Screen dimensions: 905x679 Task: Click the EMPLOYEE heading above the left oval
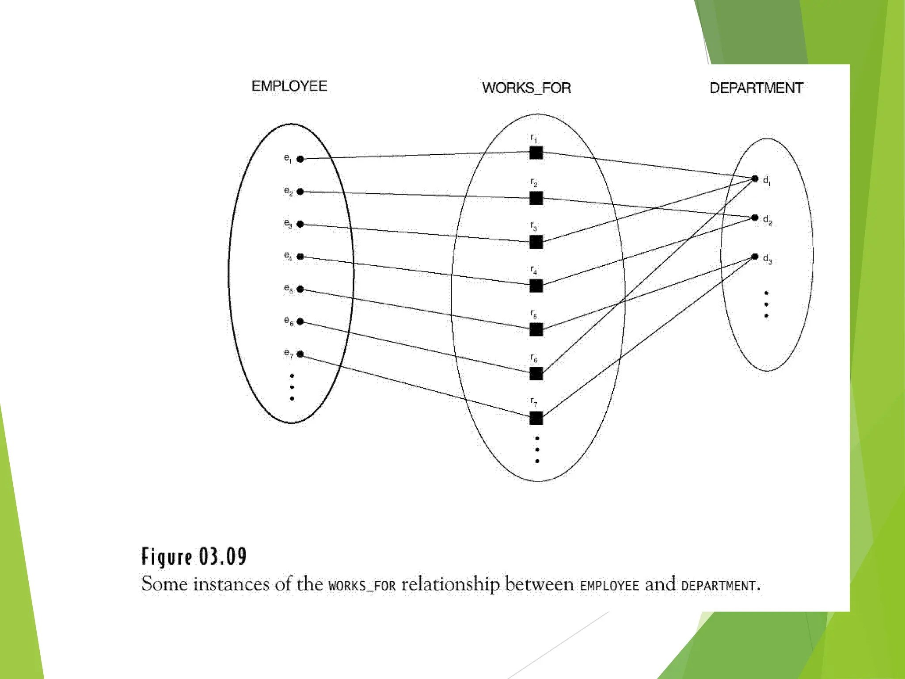289,86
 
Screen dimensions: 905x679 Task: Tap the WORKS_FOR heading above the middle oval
526,88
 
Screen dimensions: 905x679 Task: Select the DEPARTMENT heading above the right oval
756,88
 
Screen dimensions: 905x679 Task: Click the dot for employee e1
300,159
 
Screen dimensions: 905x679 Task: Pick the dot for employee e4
300,256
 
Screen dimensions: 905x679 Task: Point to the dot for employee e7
300,354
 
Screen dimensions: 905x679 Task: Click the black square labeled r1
536,153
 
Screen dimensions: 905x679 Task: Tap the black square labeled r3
536,242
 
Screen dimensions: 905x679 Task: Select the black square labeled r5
536,329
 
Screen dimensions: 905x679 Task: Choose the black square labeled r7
536,418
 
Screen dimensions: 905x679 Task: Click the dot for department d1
755,179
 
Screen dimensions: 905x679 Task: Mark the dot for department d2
755,217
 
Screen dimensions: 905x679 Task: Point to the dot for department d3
755,256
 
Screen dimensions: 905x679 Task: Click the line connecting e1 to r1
415,156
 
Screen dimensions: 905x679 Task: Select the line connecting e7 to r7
415,385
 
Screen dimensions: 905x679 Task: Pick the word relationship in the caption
450,584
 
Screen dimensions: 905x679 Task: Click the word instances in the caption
232,584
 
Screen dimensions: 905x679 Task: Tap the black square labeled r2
536,198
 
